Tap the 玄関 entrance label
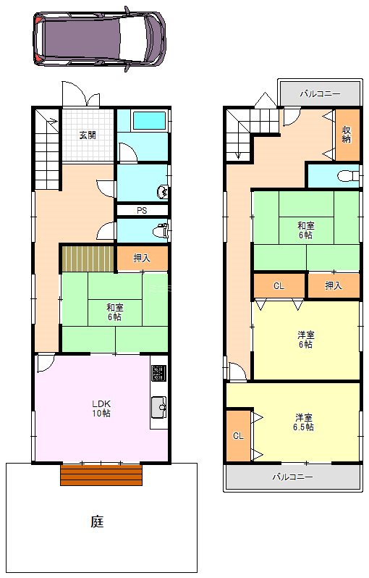point(88,135)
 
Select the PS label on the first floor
point(142,211)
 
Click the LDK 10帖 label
point(101,408)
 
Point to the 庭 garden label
point(98,521)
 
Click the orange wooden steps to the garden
point(101,475)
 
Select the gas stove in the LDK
point(159,373)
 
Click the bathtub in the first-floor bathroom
point(150,120)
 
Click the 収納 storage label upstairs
point(347,134)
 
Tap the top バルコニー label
point(319,94)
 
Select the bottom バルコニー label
point(292,477)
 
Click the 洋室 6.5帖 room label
point(304,422)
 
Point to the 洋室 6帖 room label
point(306,340)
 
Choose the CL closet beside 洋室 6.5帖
point(237,435)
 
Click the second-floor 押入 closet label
point(334,285)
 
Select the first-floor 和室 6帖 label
point(114,311)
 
